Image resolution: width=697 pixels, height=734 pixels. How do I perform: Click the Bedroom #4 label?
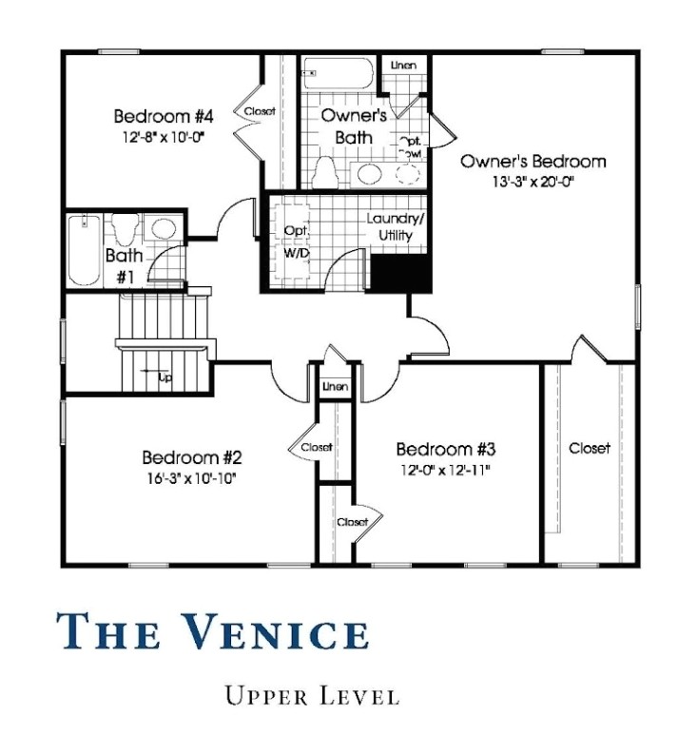163,117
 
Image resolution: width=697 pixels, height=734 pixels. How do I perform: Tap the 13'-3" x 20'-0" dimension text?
532,181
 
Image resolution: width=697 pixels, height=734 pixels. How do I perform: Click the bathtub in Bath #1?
84,250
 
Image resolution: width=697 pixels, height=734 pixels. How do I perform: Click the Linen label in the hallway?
335,388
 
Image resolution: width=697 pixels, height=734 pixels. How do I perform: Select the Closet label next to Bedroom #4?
260,111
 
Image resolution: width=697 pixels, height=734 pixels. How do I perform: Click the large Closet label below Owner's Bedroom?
590,448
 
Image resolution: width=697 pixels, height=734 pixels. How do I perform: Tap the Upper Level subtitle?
312,696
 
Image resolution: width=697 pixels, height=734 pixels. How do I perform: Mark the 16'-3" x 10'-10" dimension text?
187,476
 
